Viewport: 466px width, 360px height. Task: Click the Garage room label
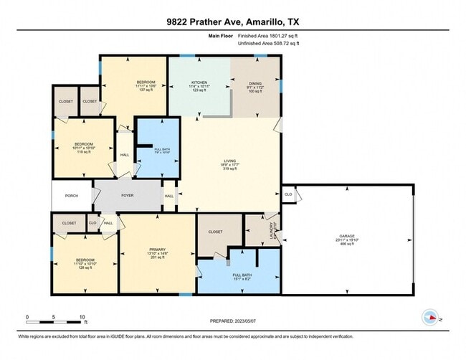click(347, 236)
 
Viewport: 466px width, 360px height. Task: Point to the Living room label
click(229, 161)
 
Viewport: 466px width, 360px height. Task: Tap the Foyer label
click(128, 194)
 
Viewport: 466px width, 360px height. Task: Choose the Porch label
click(72, 195)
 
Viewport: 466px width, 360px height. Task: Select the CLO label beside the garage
click(288, 194)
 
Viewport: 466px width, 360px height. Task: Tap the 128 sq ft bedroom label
click(85, 260)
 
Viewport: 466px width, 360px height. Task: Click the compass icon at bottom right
click(430, 316)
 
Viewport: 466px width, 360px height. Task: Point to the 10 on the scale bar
click(82, 316)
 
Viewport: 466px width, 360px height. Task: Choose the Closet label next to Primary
click(215, 232)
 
